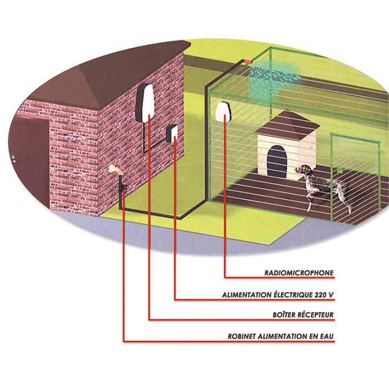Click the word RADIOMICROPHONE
click(x=299, y=273)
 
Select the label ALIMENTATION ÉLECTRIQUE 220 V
click(x=278, y=295)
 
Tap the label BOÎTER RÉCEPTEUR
click(x=303, y=315)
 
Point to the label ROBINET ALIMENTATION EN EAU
click(x=281, y=337)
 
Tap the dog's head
click(x=306, y=171)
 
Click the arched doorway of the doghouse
click(x=277, y=160)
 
